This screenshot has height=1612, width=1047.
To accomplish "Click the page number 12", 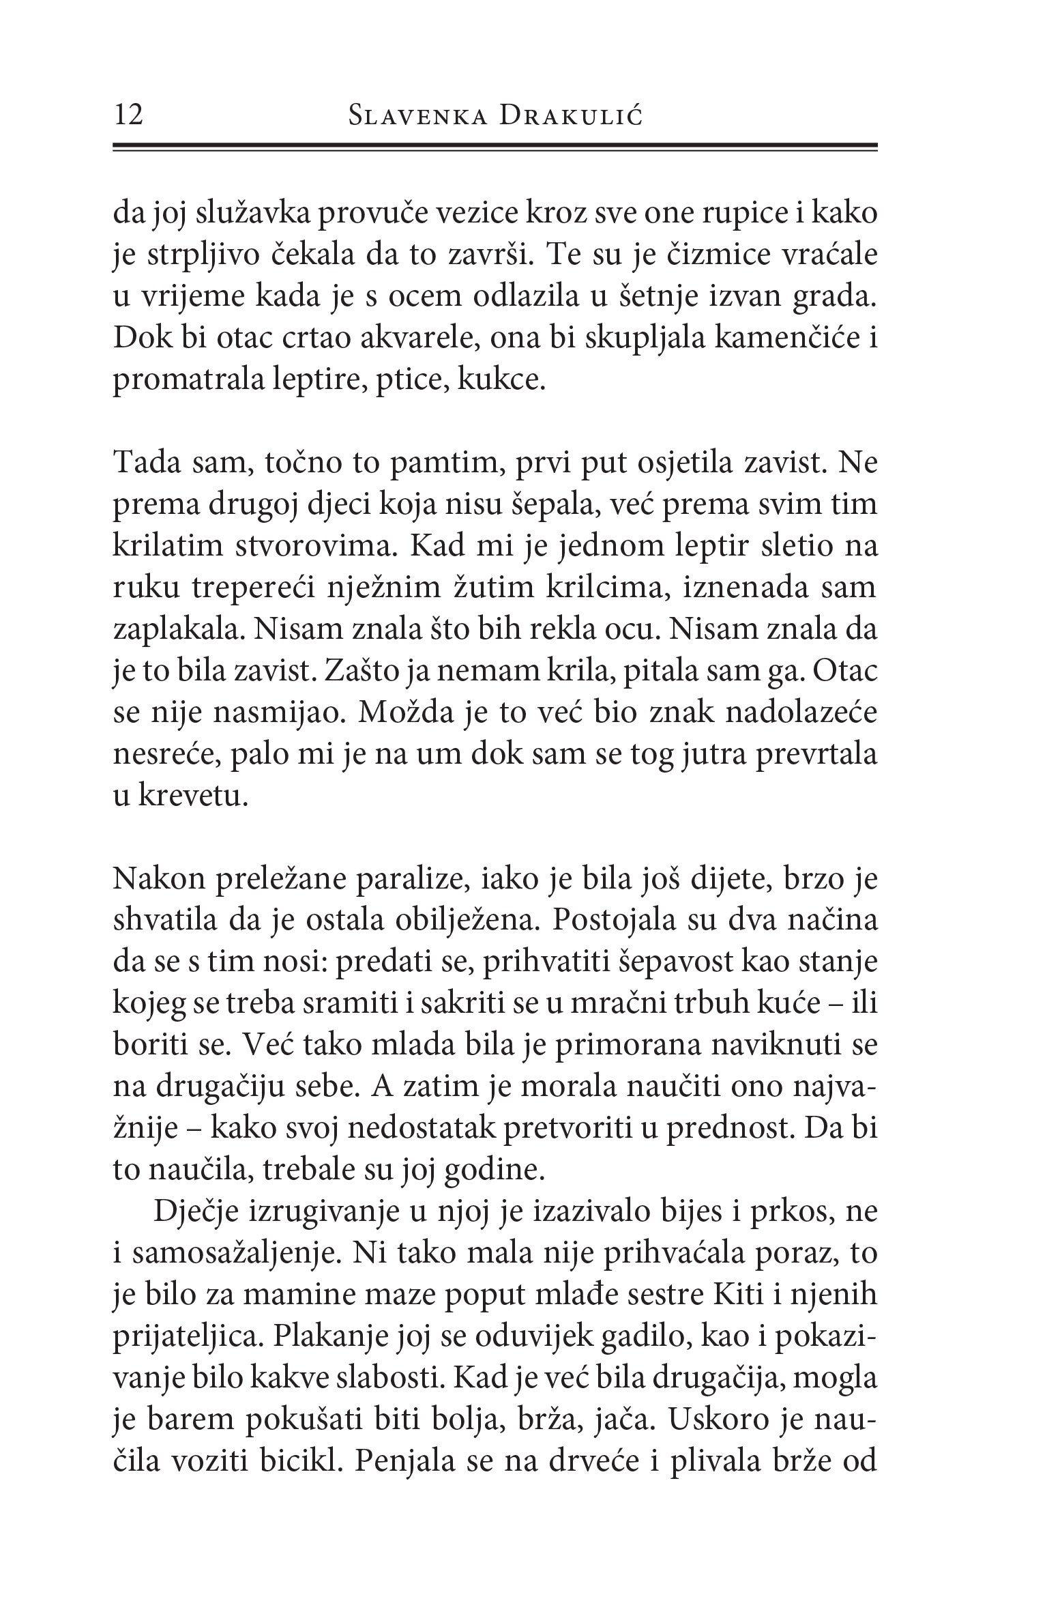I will coord(130,115).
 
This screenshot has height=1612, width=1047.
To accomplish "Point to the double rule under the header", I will coord(495,147).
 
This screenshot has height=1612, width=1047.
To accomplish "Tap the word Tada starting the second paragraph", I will coord(145,464).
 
